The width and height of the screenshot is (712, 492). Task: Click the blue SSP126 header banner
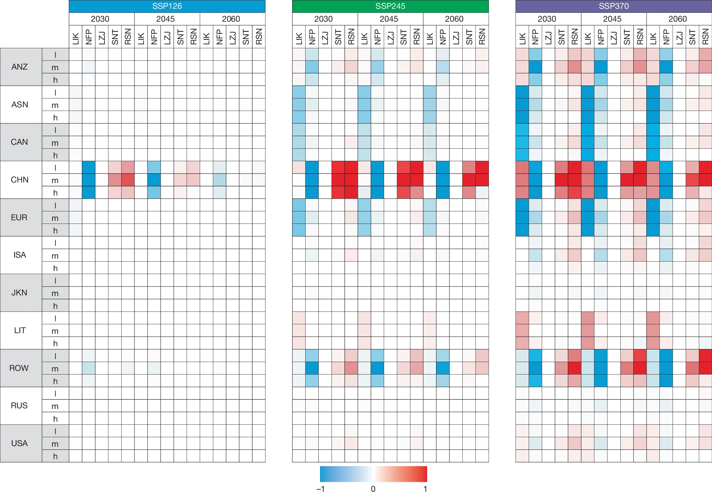tap(167, 6)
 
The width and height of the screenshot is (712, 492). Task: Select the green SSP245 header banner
tap(390, 6)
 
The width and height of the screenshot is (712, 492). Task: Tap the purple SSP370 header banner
tap(613, 6)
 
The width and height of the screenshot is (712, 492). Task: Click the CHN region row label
tap(20, 180)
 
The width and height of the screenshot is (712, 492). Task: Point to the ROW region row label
tap(19, 368)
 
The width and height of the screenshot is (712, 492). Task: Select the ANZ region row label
tap(20, 67)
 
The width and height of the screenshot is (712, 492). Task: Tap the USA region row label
tap(19, 443)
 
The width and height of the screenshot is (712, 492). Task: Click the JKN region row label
tap(19, 293)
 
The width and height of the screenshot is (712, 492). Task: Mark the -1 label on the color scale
tap(321, 489)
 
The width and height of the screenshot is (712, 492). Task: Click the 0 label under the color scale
tap(373, 489)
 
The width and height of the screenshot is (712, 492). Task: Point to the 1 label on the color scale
tap(425, 489)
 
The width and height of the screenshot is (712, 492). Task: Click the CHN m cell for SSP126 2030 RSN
tap(128, 180)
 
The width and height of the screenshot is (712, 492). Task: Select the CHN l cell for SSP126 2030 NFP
tap(89, 167)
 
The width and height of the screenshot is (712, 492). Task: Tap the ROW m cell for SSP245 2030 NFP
tap(312, 368)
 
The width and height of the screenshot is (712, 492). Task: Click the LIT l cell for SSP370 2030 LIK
tap(522, 318)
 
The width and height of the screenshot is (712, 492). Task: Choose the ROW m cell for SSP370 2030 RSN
tap(574, 368)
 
